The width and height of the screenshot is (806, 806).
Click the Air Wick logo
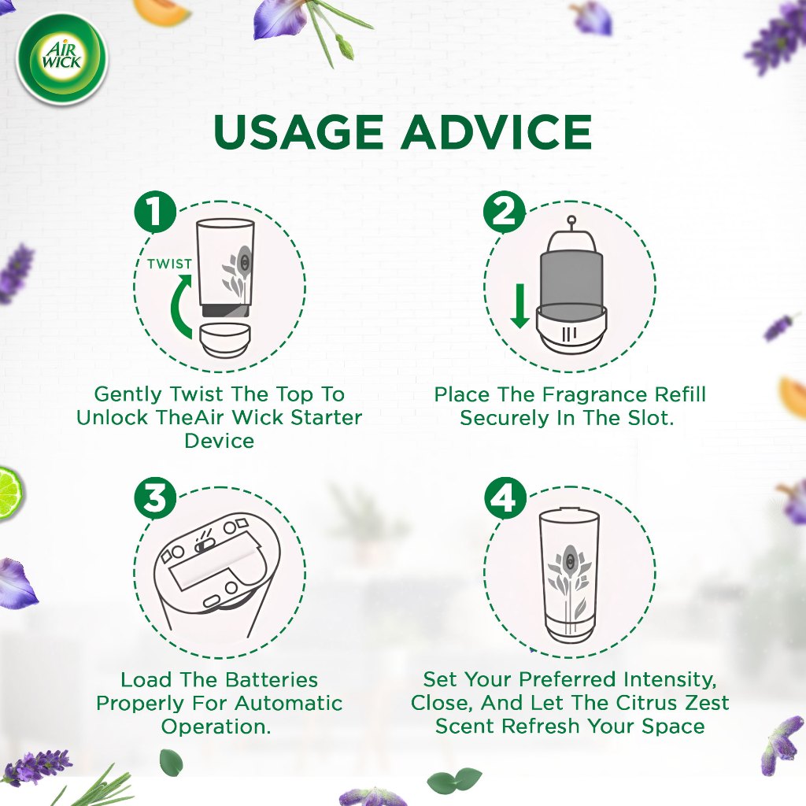[61, 59]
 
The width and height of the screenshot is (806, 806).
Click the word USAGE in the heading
[298, 131]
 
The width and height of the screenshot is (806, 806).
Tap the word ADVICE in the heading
[497, 131]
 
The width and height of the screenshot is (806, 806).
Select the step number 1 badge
[155, 212]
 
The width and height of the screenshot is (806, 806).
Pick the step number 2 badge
[505, 212]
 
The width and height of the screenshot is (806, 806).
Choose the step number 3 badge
[155, 497]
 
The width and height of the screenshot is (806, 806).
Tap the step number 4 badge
[505, 497]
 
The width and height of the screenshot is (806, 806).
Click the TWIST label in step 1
[170, 264]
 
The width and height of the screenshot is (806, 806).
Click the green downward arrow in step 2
[519, 306]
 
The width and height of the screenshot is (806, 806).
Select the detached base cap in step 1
[225, 340]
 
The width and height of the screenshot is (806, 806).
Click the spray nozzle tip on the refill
[571, 220]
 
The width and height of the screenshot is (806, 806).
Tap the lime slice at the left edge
[9, 493]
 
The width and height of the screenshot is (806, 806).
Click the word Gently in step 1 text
[128, 394]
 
